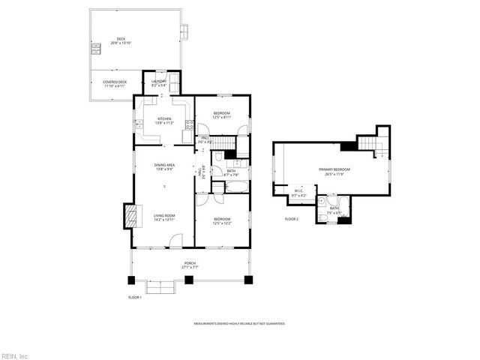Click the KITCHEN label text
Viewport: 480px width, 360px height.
tap(164, 119)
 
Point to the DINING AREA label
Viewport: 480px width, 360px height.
tap(164, 166)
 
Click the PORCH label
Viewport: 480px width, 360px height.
tap(190, 265)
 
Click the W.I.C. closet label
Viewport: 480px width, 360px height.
tap(298, 193)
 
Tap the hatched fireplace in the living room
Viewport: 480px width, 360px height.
tap(131, 217)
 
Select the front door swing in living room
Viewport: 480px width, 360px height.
tap(175, 241)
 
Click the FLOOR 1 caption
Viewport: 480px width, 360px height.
tap(135, 297)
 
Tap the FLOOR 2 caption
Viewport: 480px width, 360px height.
tap(292, 219)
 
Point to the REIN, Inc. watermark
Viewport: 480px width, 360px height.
tap(15, 355)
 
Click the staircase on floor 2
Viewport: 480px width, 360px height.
tap(367, 144)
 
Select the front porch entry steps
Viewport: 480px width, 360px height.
tap(159, 286)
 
